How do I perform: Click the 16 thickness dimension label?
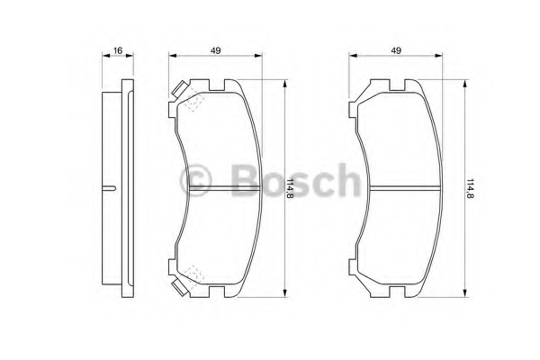click(118, 50)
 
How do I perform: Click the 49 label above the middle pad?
click(216, 50)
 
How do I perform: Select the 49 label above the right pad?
click(396, 50)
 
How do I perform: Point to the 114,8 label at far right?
click(470, 188)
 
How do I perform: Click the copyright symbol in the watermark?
click(195, 180)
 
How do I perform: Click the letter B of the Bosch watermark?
click(245, 180)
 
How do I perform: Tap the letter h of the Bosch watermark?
click(347, 179)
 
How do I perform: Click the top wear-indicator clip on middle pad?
click(180, 89)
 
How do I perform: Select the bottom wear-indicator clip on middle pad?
click(180, 288)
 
